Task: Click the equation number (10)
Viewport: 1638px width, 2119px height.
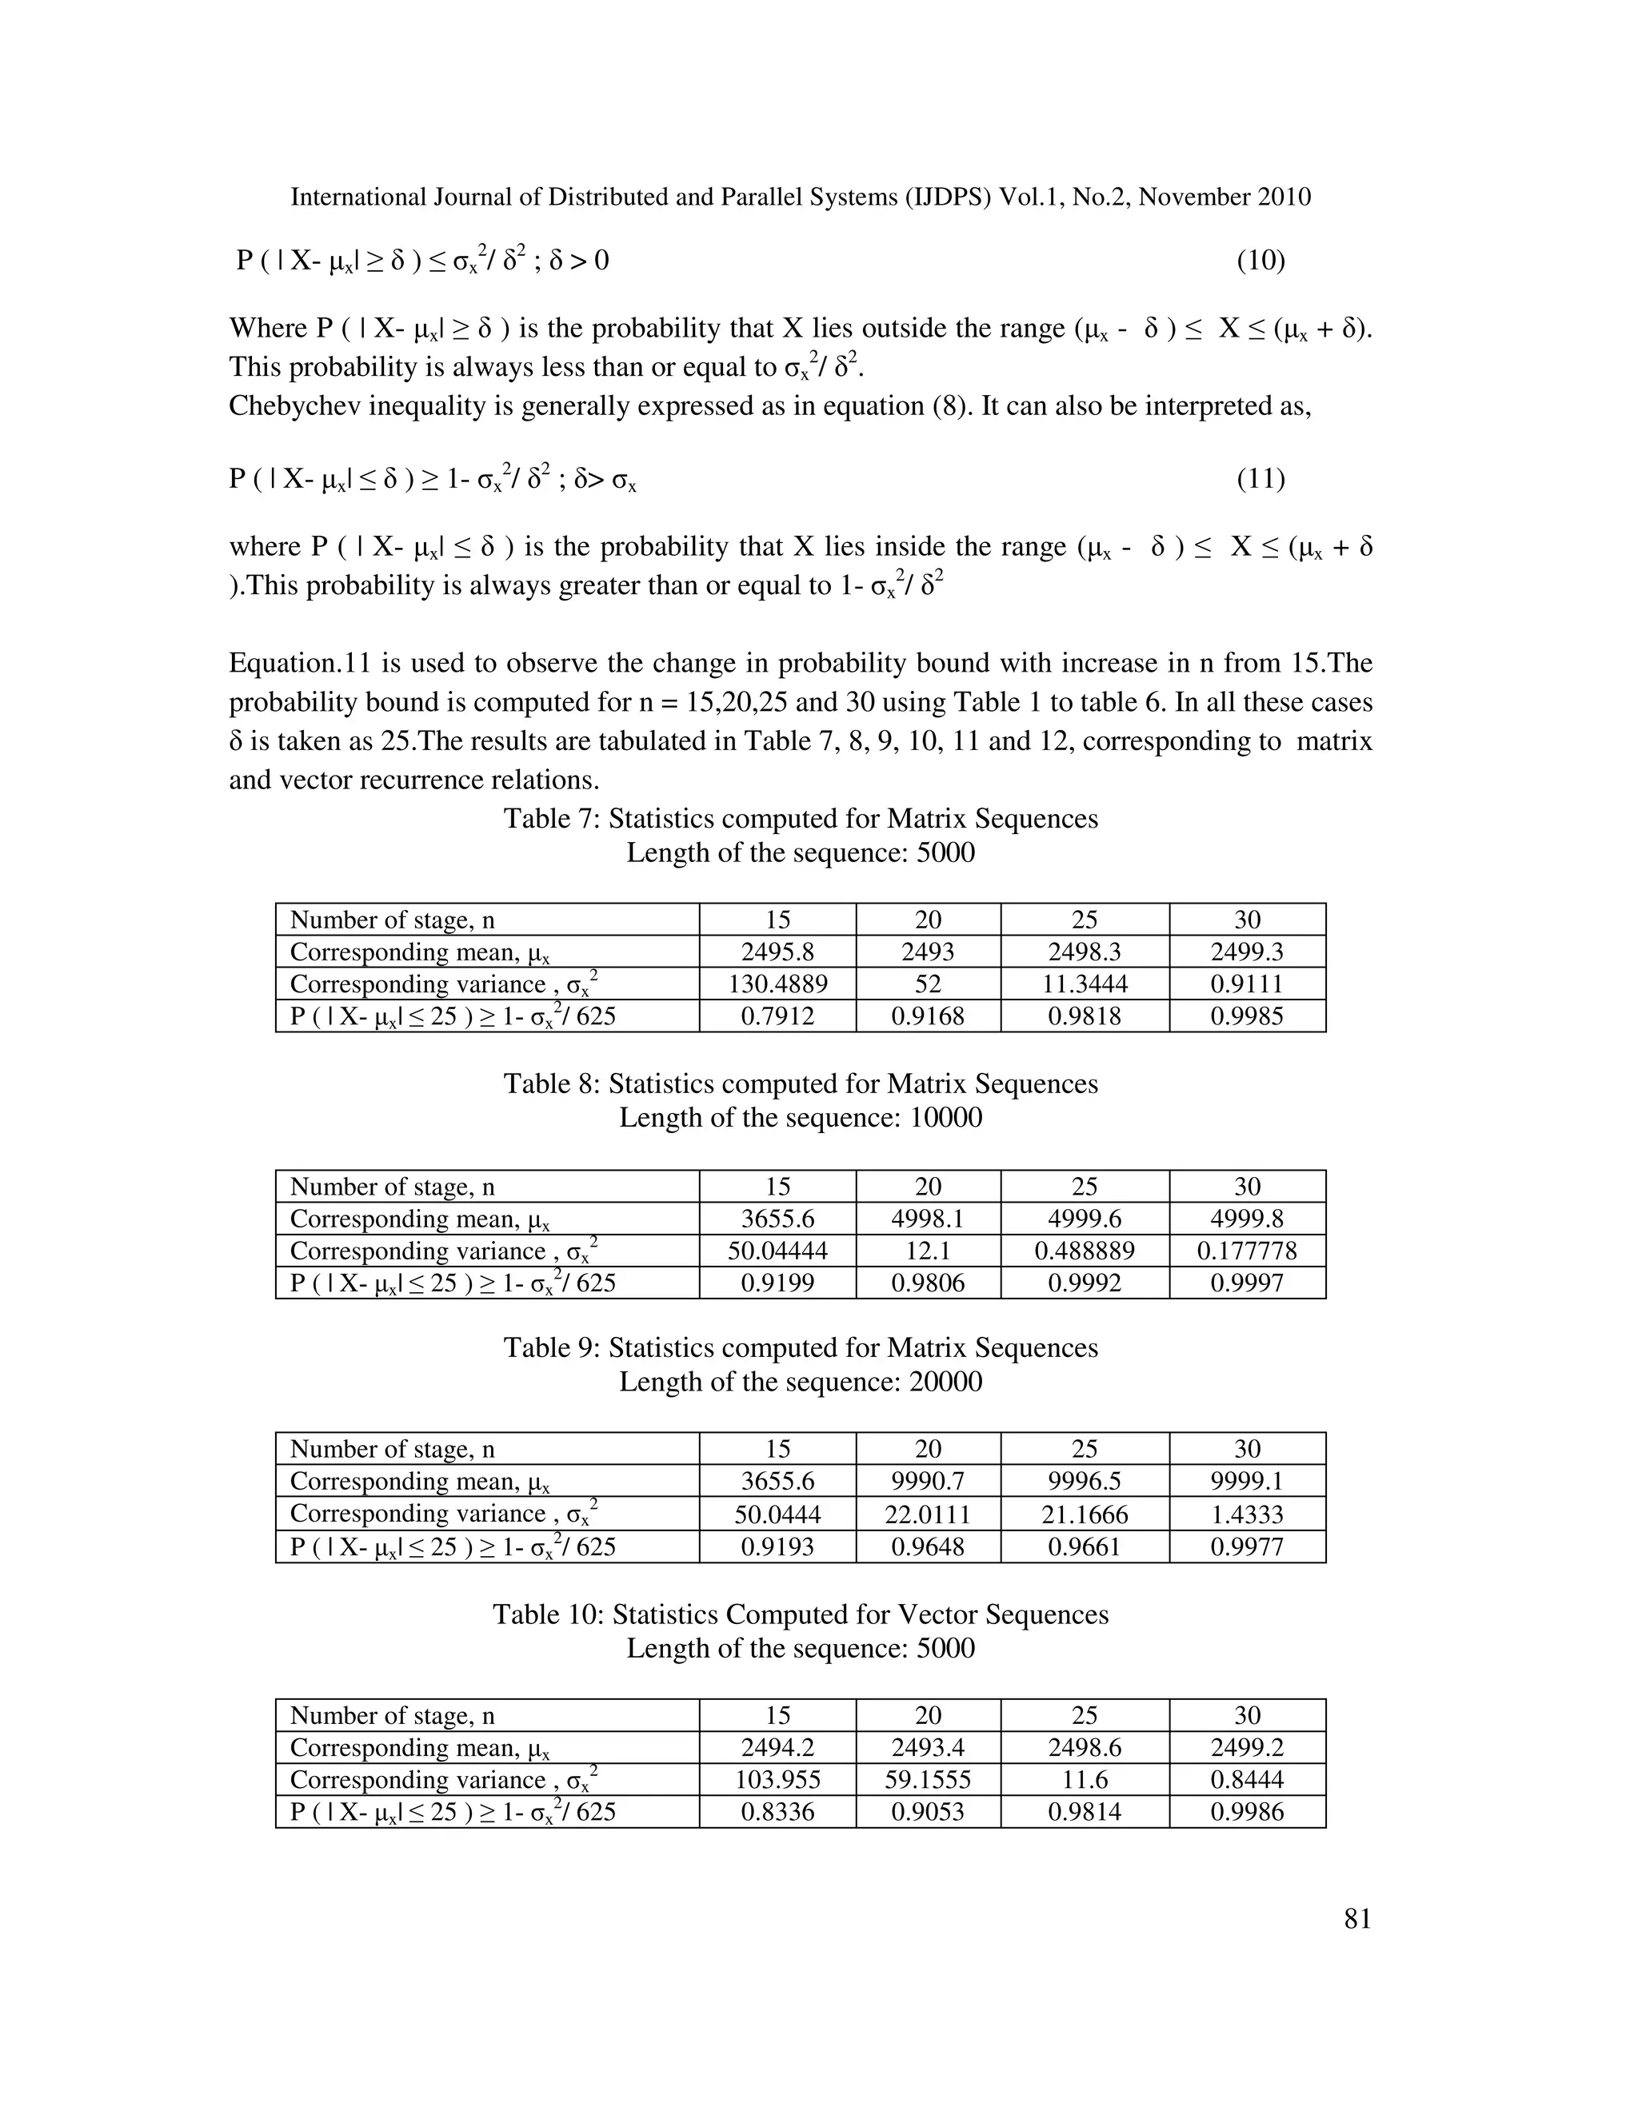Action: (1260, 261)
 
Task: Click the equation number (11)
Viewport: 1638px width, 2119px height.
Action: (1260, 479)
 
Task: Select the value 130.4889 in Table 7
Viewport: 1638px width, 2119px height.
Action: (777, 984)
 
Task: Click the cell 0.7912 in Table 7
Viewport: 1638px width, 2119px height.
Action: (777, 1016)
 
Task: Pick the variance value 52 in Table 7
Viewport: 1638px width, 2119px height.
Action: (928, 984)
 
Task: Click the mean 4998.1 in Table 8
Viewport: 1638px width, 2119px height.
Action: (928, 1219)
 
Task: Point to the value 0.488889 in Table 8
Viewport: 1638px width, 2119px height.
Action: (1084, 1251)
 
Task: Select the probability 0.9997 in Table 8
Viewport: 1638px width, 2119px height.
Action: (1247, 1283)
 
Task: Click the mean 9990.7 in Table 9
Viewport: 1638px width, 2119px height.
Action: (928, 1481)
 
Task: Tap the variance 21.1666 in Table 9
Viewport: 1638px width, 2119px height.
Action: (1084, 1514)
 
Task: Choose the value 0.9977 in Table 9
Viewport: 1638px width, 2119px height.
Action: (1247, 1546)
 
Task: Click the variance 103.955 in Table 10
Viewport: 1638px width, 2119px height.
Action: (777, 1779)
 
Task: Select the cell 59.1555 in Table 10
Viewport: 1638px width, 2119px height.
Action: (928, 1779)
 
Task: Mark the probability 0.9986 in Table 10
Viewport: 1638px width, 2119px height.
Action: (1247, 1811)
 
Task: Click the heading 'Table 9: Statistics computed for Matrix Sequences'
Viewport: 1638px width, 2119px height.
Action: (801, 1347)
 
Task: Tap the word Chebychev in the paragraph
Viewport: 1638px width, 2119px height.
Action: (287, 405)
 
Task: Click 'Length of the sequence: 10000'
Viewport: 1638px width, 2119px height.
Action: (801, 1118)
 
